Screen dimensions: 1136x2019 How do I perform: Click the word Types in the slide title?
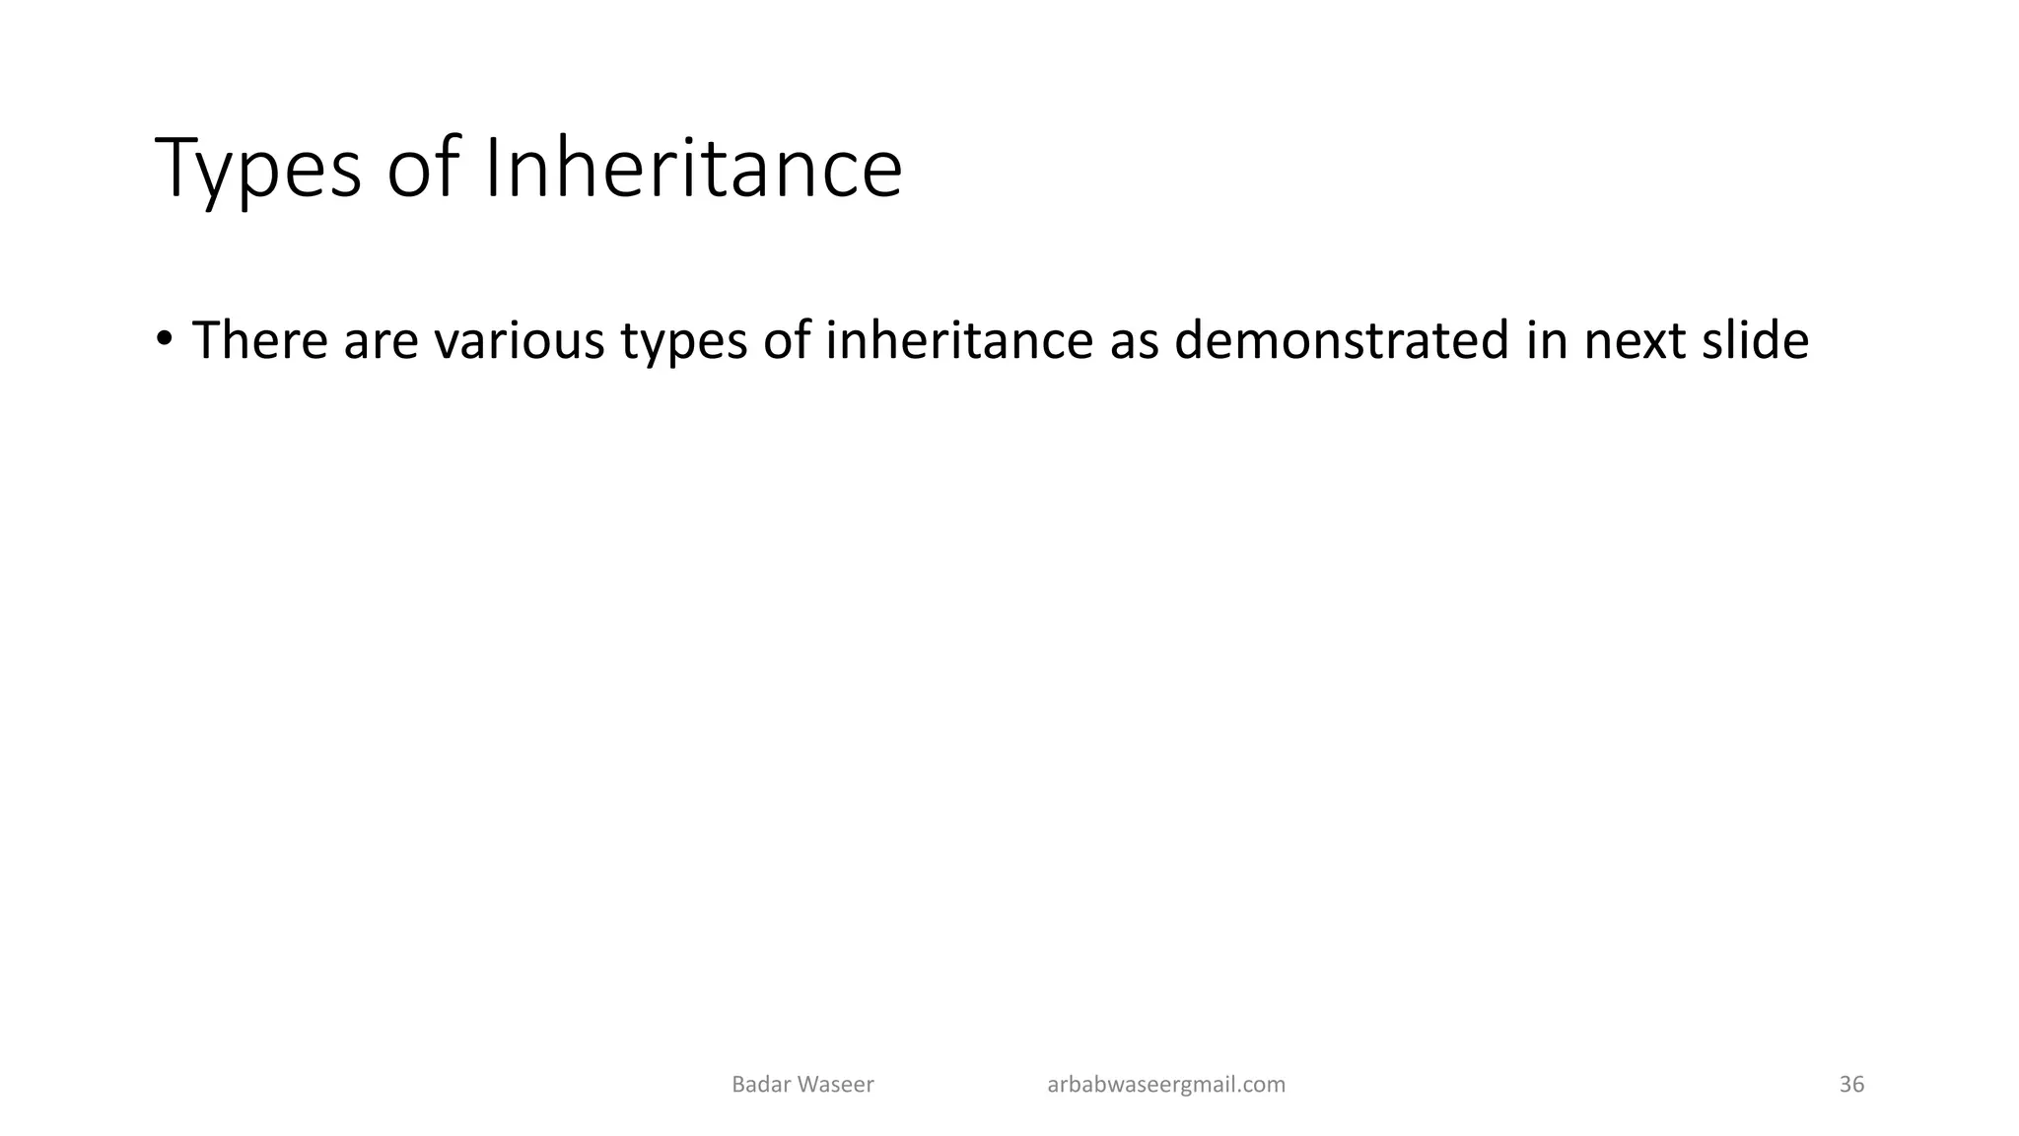click(258, 170)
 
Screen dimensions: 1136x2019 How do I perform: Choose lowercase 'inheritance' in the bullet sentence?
click(959, 340)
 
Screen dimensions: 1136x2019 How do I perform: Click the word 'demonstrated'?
click(1342, 340)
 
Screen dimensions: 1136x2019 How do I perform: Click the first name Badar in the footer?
click(760, 1085)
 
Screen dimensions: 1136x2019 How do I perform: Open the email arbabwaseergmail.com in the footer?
click(1166, 1085)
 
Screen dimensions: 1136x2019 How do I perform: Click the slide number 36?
click(1851, 1085)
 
